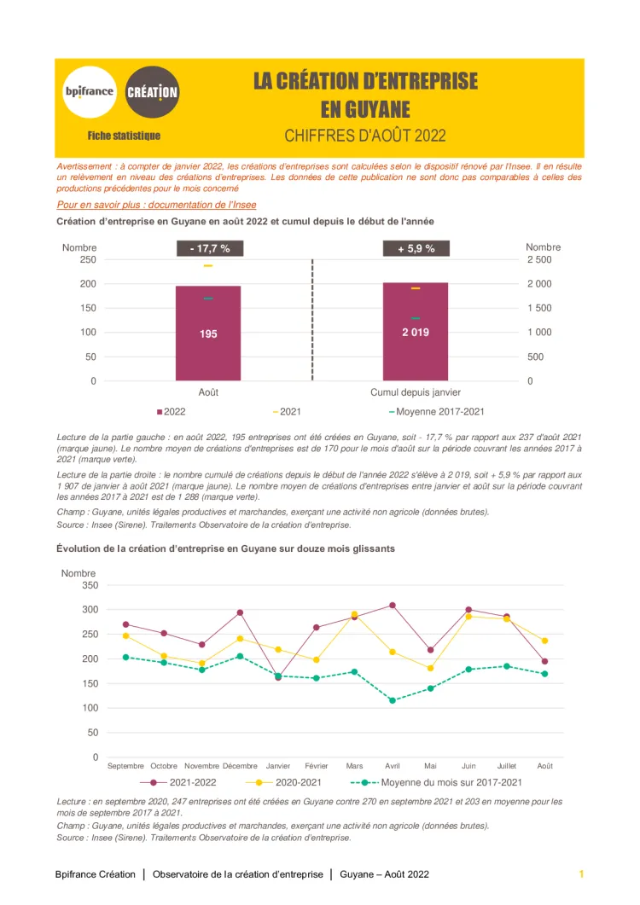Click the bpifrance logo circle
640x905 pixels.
click(89, 91)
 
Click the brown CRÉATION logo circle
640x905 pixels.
click(152, 91)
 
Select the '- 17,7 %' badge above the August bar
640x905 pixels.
click(209, 248)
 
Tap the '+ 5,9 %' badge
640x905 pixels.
click(416, 248)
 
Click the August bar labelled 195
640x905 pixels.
click(208, 334)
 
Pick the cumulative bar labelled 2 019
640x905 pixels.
click(416, 332)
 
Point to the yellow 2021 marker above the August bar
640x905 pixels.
click(208, 266)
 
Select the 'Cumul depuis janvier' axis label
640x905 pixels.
click(416, 392)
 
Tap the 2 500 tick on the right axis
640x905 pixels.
click(539, 259)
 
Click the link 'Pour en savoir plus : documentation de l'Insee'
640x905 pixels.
click(156, 205)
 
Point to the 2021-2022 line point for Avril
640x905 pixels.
click(393, 605)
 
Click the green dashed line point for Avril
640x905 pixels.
click(393, 700)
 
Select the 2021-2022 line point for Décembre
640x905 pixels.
click(241, 612)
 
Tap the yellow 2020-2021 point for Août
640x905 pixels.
click(544, 641)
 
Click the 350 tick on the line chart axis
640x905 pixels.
click(90, 585)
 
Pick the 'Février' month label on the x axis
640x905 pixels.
click(317, 766)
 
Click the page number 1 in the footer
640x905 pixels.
click(581, 874)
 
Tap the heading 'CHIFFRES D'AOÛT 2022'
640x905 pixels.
click(365, 136)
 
